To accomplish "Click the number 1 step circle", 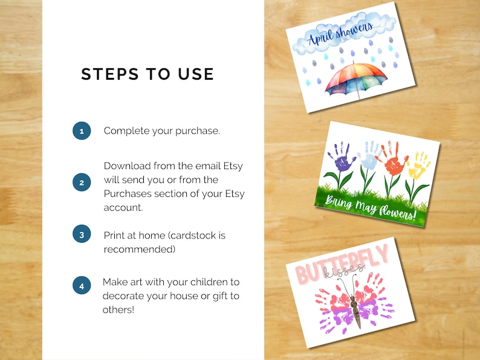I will pyautogui.click(x=82, y=130).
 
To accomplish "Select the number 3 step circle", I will pyautogui.click(x=82, y=234).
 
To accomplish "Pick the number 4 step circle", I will pyautogui.click(x=82, y=285).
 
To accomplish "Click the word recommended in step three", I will pyautogui.click(x=134, y=249).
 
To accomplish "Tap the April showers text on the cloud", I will pyautogui.click(x=342, y=36).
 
